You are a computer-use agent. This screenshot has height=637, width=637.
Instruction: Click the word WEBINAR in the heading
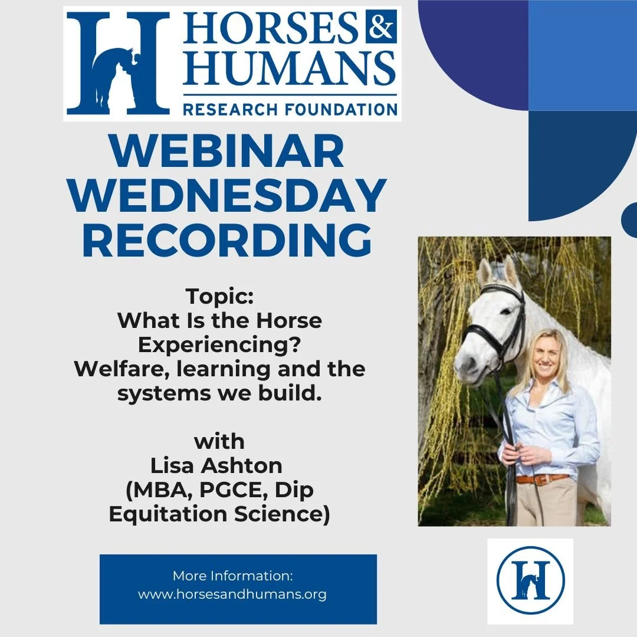(x=227, y=152)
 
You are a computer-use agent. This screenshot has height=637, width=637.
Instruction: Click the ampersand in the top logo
(x=380, y=27)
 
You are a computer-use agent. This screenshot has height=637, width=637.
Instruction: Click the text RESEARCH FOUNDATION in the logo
(x=290, y=109)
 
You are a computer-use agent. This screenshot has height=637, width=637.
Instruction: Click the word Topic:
(x=219, y=296)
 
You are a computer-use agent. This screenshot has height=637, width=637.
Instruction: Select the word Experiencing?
(x=219, y=345)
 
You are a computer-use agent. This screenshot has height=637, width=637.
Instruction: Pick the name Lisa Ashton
(x=217, y=466)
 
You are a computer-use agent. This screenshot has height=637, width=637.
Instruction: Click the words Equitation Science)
(x=219, y=514)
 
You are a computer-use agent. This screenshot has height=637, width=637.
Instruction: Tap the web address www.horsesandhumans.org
(x=232, y=594)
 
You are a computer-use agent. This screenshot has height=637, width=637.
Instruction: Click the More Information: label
(x=232, y=576)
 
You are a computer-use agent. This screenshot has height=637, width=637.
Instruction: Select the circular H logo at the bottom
(x=530, y=581)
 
